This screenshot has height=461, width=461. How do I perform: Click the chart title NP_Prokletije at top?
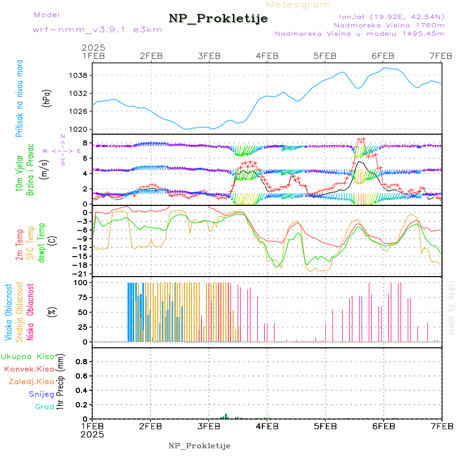(x=218, y=19)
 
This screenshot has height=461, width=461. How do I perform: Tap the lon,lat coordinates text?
(x=388, y=16)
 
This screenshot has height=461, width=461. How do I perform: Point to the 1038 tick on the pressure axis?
(x=79, y=75)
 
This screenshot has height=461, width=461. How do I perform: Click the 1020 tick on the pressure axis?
(x=79, y=129)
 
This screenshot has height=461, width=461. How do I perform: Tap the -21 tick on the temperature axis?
(x=81, y=274)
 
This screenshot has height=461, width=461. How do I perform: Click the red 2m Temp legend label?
(x=19, y=245)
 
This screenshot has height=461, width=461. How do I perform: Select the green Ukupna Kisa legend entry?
(x=27, y=357)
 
